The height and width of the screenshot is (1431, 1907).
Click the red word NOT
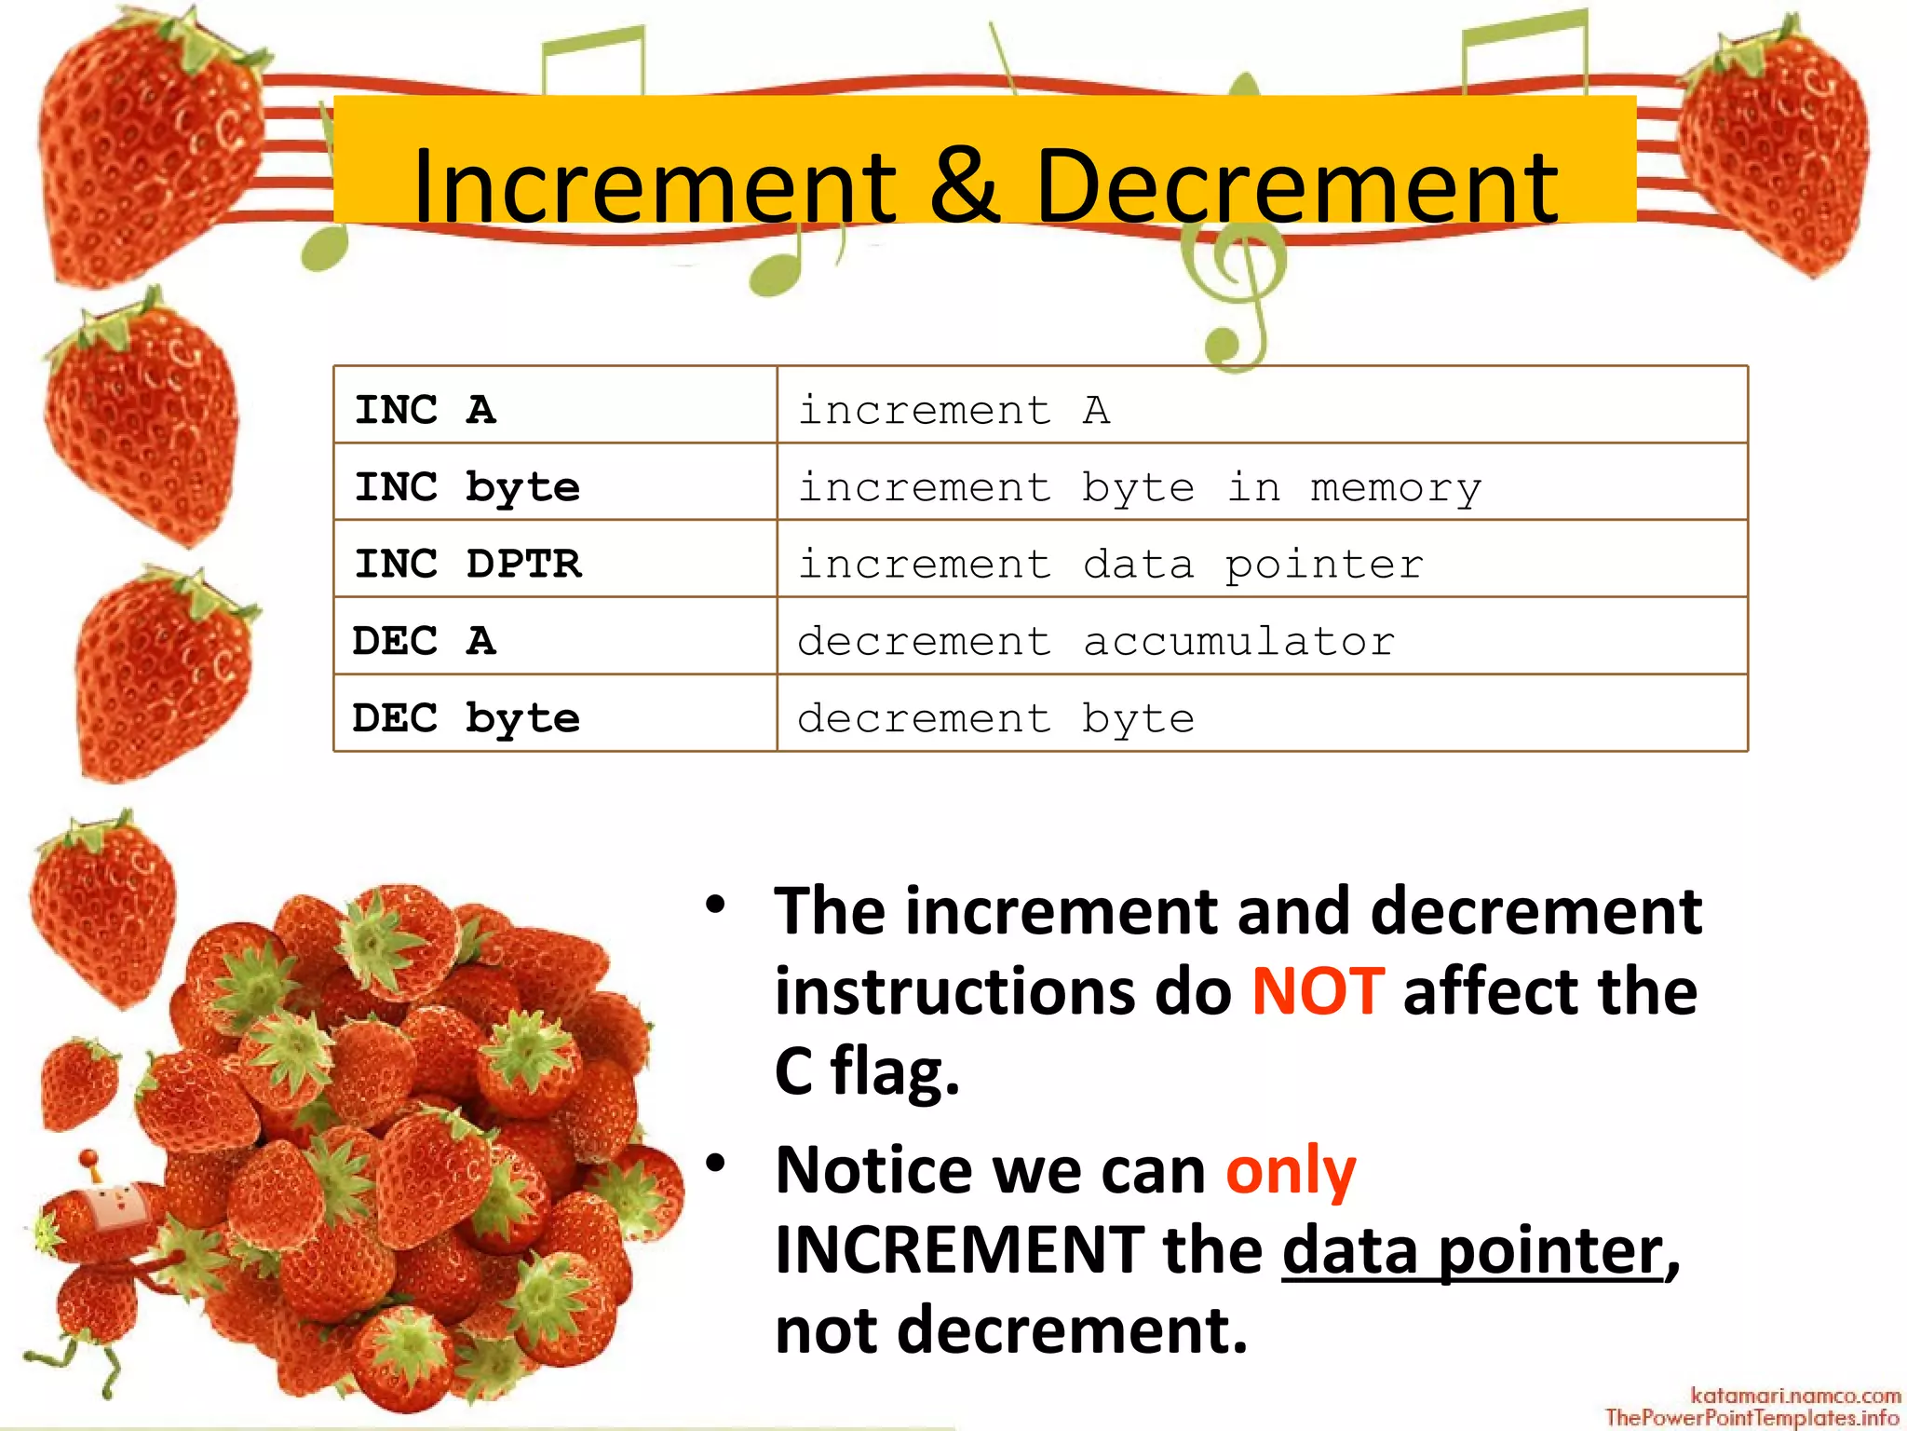[1318, 991]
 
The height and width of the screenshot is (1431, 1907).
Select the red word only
[1291, 1170]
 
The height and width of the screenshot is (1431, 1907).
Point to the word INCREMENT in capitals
[959, 1250]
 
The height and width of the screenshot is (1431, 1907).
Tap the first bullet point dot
[715, 905]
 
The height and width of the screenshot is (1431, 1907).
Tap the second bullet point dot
[715, 1163]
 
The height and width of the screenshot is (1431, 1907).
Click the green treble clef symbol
[1234, 289]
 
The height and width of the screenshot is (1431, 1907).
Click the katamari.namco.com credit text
[1794, 1396]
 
